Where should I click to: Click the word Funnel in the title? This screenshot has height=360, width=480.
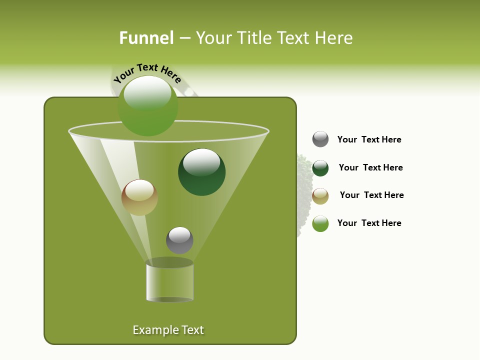pyautogui.click(x=146, y=38)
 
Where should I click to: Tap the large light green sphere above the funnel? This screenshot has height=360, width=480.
pyautogui.click(x=148, y=106)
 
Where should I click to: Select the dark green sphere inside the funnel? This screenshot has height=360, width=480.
pyautogui.click(x=201, y=172)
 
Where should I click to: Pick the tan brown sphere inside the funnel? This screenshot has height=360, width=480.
pyautogui.click(x=139, y=197)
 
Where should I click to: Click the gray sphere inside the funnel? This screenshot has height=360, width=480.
pyautogui.click(x=179, y=240)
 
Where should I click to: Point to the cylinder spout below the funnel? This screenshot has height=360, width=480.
pyautogui.click(x=169, y=281)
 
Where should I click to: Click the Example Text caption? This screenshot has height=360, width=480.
pyautogui.click(x=168, y=330)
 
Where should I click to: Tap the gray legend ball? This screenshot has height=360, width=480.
pyautogui.click(x=320, y=139)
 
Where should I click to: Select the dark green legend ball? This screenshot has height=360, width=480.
pyautogui.click(x=320, y=168)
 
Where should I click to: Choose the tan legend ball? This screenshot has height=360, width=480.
pyautogui.click(x=320, y=196)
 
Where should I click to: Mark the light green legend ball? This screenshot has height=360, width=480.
pyautogui.click(x=320, y=223)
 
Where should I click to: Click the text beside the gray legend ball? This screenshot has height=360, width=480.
pyautogui.click(x=369, y=139)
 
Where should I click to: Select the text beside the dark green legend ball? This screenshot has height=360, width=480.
pyautogui.click(x=370, y=167)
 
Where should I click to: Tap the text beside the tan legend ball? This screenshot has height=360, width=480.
pyautogui.click(x=371, y=195)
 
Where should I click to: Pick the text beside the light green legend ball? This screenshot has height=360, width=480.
pyautogui.click(x=369, y=223)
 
